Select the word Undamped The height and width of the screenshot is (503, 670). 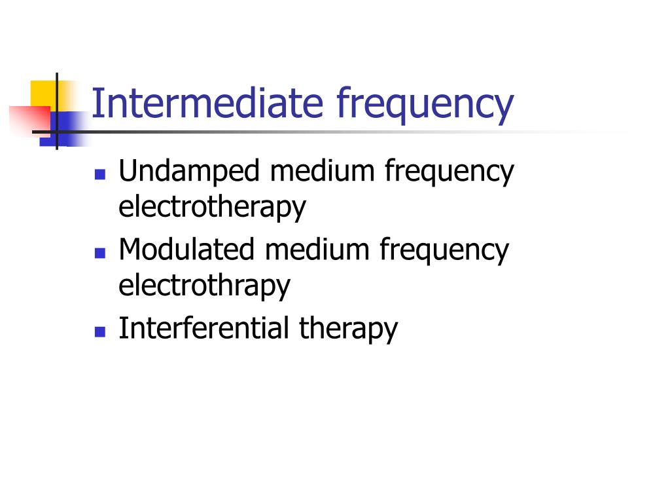pyautogui.click(x=189, y=172)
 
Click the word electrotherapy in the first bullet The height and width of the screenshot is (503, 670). pyautogui.click(x=212, y=207)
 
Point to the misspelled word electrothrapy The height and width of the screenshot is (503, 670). pyautogui.click(x=204, y=286)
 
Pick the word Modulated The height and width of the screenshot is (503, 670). pyautogui.click(x=186, y=250)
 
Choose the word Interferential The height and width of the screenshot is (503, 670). pyautogui.click(x=203, y=327)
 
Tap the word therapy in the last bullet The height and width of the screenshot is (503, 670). pyautogui.click(x=348, y=329)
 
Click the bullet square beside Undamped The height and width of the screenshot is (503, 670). pyautogui.click(x=100, y=175)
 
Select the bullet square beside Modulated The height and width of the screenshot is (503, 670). pyautogui.click(x=100, y=253)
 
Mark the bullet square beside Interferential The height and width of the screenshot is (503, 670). pyautogui.click(x=100, y=331)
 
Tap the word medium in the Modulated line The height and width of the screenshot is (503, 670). pyautogui.click(x=321, y=250)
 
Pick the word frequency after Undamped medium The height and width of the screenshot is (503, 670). pyautogui.click(x=450, y=174)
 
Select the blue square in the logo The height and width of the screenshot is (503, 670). pyautogui.click(x=65, y=126)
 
